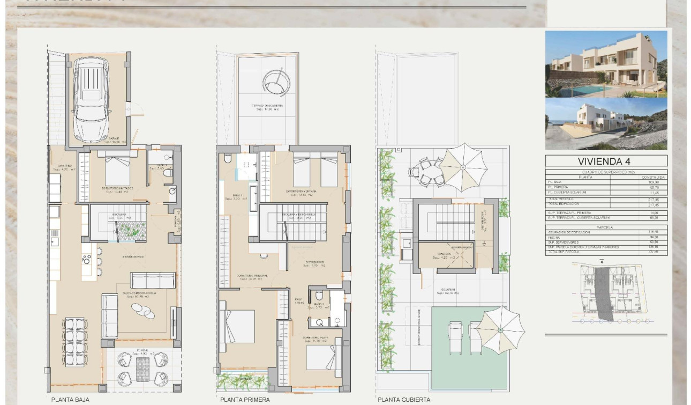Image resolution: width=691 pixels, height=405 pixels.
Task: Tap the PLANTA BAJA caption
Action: click(x=70, y=400)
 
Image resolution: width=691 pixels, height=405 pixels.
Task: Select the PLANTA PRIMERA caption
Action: click(x=245, y=400)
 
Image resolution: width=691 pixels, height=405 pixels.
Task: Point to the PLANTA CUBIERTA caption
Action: click(x=403, y=400)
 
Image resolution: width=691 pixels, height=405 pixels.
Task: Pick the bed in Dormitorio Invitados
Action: click(x=117, y=171)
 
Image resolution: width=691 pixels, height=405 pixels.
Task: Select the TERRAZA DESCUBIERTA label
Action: click(x=267, y=106)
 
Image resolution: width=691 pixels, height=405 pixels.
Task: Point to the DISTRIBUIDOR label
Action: click(x=315, y=262)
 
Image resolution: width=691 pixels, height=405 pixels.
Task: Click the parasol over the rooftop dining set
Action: click(x=463, y=167)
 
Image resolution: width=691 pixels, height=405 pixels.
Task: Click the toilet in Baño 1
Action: click(x=228, y=158)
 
